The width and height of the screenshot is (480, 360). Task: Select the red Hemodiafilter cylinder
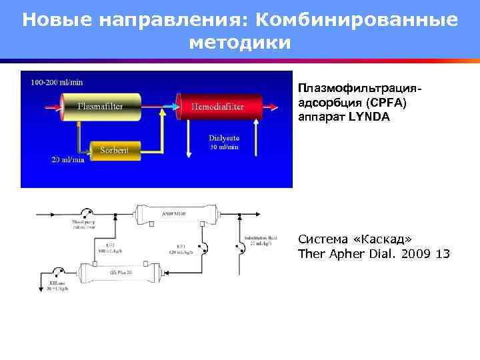coord(217,107)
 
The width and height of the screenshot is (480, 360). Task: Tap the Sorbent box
coord(114,150)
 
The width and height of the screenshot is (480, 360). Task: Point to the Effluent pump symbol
coord(58,272)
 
